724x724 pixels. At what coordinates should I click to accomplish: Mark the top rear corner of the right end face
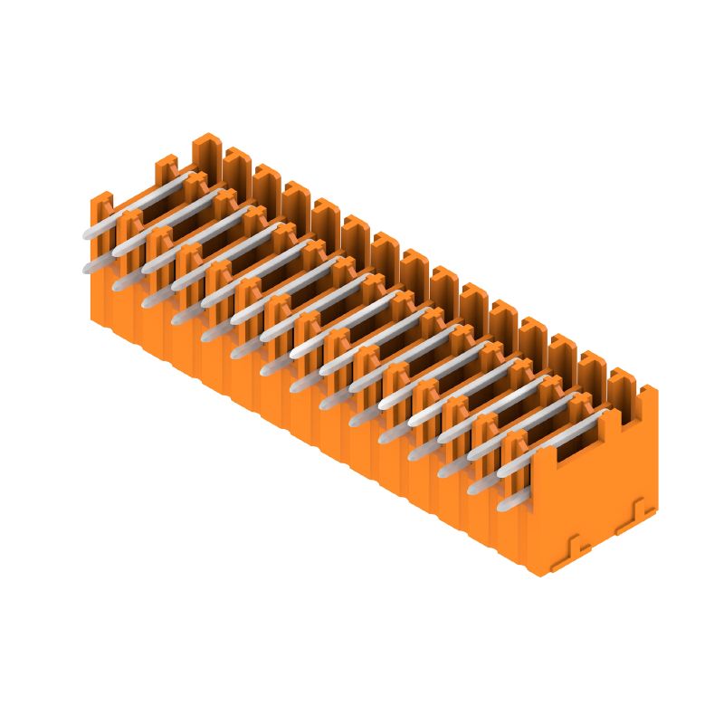pos(656,389)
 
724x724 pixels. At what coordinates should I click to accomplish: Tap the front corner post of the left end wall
pos(100,204)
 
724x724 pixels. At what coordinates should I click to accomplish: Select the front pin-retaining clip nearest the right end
pos(515,447)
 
